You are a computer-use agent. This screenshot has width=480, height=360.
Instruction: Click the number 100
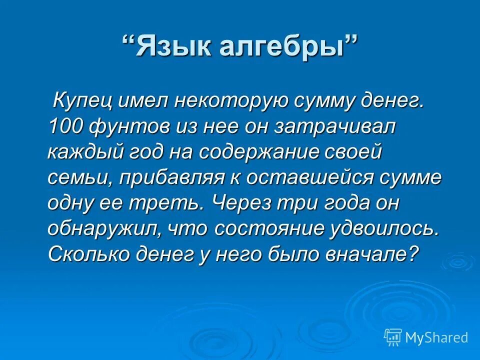click(66, 127)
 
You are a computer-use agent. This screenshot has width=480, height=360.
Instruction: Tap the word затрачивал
click(334, 127)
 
